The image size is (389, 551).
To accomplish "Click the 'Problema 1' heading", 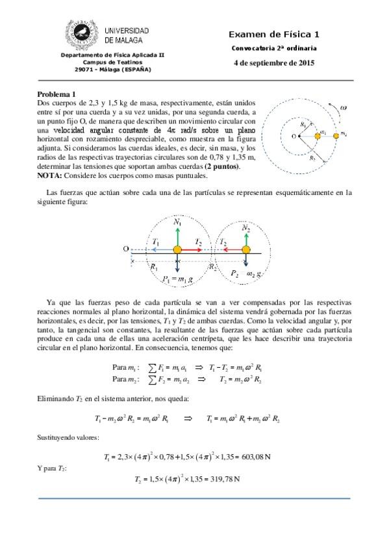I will [56, 94].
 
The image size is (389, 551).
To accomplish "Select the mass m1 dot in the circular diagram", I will [318, 136].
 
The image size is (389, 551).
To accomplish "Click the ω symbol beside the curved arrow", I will [344, 108].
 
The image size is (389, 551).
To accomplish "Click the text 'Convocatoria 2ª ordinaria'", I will [275, 49].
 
